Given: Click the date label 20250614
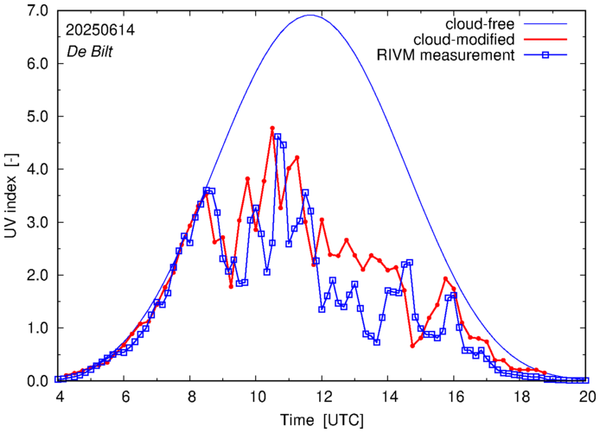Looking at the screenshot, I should pos(99,29).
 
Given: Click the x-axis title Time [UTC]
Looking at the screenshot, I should pos(322,419).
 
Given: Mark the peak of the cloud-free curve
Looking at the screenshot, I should pos(310,15).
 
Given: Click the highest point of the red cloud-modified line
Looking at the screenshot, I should pos(272,128).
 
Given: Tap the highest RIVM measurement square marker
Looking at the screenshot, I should pos(278,137).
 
